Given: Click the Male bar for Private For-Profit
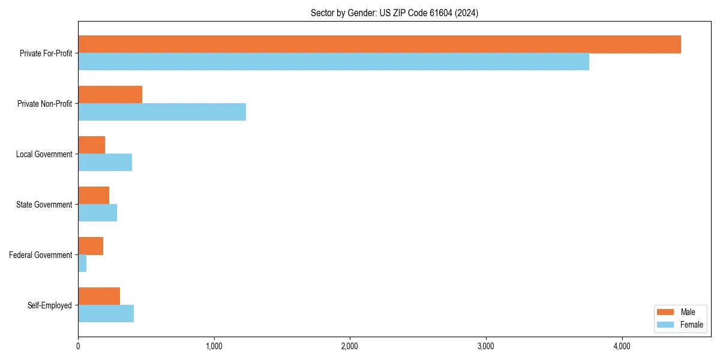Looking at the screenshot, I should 379,44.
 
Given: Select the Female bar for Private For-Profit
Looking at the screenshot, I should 334,62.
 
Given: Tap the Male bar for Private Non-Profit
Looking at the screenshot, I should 110,95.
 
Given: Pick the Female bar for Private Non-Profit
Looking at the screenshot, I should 162,112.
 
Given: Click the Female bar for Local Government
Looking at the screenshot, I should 105,163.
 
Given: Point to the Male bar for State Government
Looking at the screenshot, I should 94,196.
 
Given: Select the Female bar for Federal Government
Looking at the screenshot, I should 82,263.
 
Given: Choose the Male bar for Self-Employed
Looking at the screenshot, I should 99,296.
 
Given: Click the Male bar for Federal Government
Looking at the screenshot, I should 91,246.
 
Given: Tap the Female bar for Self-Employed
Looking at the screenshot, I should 106,314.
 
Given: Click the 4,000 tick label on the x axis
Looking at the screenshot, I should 622,346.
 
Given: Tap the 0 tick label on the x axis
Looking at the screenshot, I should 78,346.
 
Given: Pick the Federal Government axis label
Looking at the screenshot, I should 41,255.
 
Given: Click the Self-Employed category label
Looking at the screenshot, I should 50,305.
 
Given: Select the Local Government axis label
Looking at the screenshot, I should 44,154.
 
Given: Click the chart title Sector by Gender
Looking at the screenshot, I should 394,13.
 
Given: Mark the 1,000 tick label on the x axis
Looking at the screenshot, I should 214,346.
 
